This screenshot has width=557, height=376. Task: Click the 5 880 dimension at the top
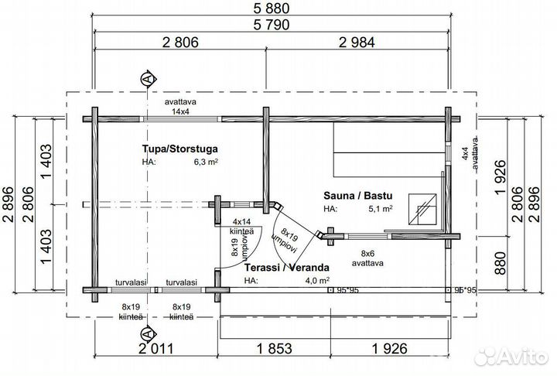pos(272,9)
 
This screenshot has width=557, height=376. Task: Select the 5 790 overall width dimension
pos(272,25)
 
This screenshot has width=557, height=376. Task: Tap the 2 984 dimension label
pos(357,43)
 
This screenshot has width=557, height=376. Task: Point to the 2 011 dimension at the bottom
pos(156,349)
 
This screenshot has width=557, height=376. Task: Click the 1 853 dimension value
pos(275,349)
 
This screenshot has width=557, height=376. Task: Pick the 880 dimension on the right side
pos(501,263)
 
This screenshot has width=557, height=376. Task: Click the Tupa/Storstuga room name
pos(180,149)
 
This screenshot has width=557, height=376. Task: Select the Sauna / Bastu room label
pos(358,196)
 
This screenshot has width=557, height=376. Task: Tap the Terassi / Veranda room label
pos(287,267)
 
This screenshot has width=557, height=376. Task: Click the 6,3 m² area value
pos(206,162)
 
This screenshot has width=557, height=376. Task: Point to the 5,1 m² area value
pos(381,209)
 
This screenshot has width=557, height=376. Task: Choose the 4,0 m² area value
pos(317,280)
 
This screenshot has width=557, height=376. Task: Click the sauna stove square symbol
pos(422,210)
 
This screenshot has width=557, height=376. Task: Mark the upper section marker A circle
pos(148,79)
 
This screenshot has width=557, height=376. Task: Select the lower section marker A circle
pos(148,333)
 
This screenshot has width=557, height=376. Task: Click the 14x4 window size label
pos(180,111)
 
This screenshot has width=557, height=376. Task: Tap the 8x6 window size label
pos(367,254)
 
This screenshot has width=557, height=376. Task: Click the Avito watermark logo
pos(511,356)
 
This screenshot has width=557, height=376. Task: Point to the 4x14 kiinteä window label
pos(242,227)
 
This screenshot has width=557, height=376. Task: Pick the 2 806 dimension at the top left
pos(180,43)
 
